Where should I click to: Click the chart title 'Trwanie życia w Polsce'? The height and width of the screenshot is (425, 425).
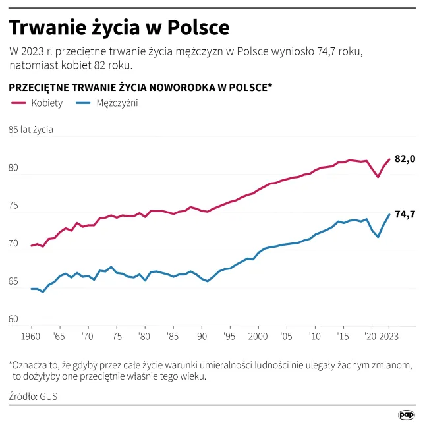tap(119, 28)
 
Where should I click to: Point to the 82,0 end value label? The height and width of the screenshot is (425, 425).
tap(405, 159)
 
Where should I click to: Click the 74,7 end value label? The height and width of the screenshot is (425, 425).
tap(405, 214)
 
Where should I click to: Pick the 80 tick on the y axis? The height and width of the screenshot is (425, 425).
tap(14, 168)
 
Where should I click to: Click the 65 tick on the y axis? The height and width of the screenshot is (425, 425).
tap(14, 281)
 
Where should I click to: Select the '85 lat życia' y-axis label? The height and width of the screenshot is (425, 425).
tap(31, 130)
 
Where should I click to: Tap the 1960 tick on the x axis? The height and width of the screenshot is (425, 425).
tap(31, 336)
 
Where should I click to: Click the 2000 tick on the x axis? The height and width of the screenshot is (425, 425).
tap(258, 336)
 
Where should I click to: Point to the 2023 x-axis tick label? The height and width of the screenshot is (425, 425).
tap(389, 336)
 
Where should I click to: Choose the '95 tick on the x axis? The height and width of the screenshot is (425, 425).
tap(229, 336)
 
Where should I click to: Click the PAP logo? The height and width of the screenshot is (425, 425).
tap(407, 414)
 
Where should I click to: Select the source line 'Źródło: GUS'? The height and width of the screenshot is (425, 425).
tap(33, 397)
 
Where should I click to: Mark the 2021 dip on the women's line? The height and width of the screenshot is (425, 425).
tap(378, 177)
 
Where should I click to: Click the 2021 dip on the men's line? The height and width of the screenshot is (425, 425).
tap(378, 237)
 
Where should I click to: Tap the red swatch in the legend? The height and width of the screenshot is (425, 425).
tap(18, 104)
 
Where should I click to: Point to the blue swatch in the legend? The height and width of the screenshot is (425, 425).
tap(82, 104)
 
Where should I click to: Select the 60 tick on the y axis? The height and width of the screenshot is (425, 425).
tap(14, 320)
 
